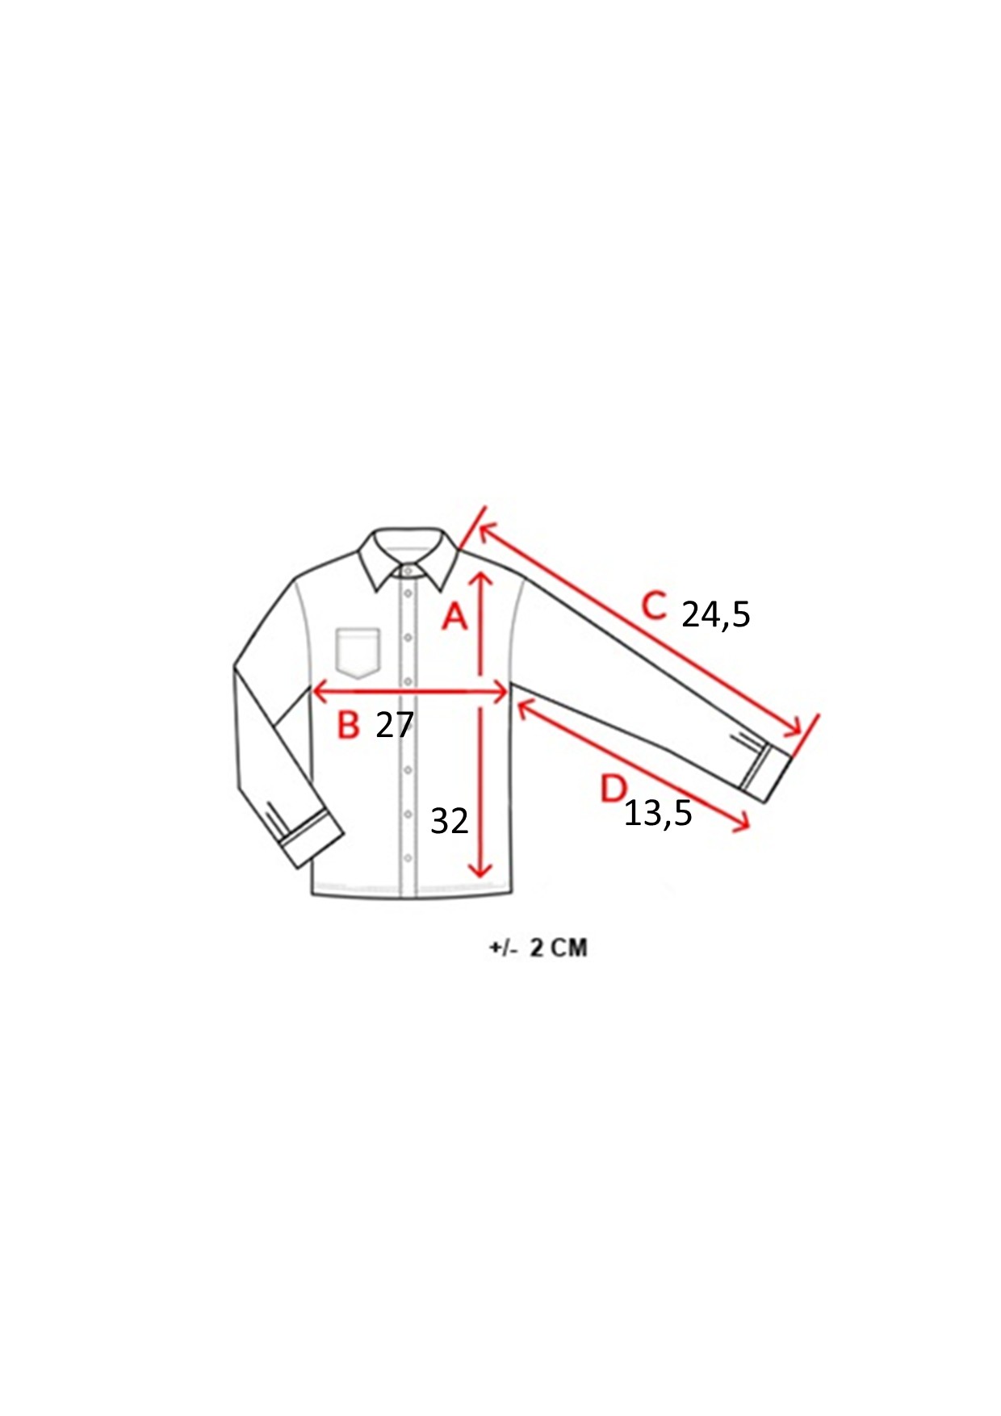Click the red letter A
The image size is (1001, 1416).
click(455, 616)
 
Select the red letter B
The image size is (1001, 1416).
click(348, 724)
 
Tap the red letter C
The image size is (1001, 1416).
click(655, 605)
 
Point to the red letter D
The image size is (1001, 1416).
click(614, 788)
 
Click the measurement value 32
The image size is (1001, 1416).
click(450, 821)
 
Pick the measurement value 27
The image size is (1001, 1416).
click(395, 725)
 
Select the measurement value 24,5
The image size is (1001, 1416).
click(716, 615)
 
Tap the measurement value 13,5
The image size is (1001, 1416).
click(658, 814)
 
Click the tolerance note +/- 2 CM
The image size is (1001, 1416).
click(538, 947)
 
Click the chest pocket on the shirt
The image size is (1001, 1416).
click(358, 652)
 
